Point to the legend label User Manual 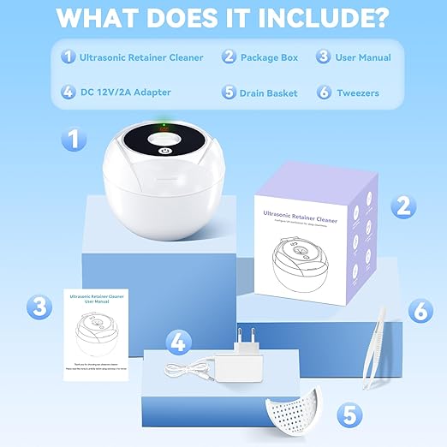point(363,57)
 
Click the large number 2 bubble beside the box point(402,206)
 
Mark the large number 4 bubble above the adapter point(177,342)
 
